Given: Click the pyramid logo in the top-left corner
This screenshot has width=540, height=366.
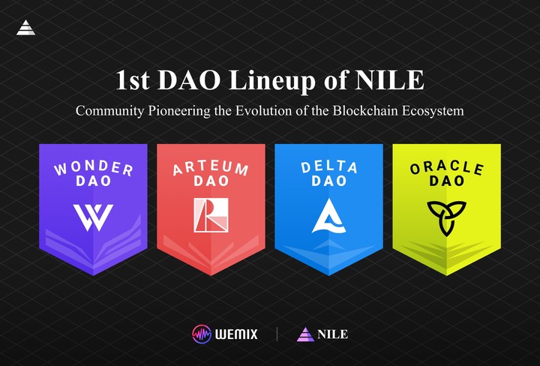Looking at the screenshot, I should point(25,28).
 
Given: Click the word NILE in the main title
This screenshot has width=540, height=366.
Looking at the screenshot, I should point(391,81).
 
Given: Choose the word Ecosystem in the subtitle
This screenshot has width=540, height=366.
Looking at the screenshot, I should point(433,111).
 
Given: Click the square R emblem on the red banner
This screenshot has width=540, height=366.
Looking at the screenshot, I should point(211,215).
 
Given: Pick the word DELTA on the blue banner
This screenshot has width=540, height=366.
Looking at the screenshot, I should point(328,166).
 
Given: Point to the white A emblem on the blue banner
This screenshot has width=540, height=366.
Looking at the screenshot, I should point(328,216).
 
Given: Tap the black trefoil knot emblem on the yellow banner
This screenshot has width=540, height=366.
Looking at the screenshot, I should point(446,216).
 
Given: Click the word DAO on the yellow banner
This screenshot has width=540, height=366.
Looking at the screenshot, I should point(446,181).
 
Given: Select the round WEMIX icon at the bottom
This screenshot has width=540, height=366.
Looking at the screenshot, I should point(201,334).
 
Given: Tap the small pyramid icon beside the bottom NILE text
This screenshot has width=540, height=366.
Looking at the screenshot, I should point(305,334).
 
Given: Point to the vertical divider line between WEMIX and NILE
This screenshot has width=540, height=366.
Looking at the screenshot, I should point(277,334).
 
